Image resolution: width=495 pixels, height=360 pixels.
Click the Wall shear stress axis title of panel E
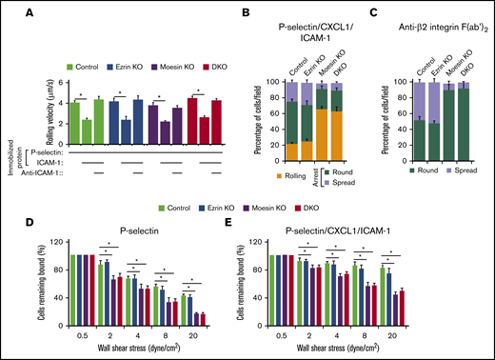click(358, 350)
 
